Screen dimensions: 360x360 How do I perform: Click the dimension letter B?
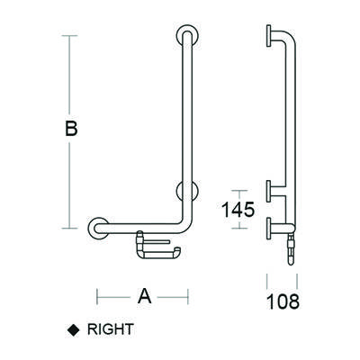pyautogui.click(x=71, y=130)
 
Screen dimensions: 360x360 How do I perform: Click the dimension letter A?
pyautogui.click(x=143, y=294)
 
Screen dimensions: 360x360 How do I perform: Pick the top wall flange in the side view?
pyautogui.click(x=270, y=36)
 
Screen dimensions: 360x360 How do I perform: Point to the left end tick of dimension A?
pyautogui.click(x=98, y=294)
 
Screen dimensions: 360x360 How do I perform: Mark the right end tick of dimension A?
pyautogui.click(x=187, y=294)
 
